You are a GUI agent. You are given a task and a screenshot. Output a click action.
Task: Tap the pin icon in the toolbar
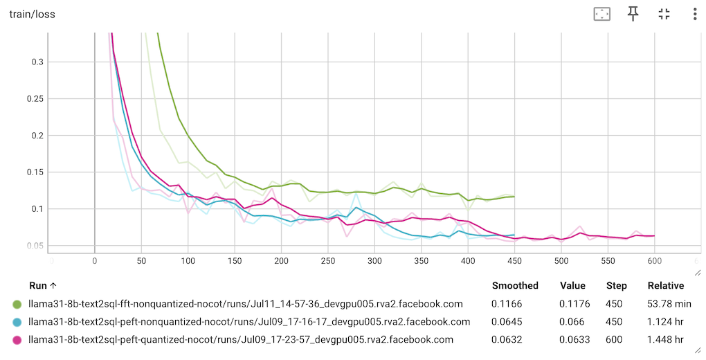(633, 14)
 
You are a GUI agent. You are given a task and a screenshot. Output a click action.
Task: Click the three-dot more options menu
(694, 14)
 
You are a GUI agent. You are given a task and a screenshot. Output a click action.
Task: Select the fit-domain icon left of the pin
(601, 14)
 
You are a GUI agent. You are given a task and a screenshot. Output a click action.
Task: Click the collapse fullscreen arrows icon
(664, 14)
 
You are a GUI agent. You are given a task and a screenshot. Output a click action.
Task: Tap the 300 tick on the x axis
(374, 262)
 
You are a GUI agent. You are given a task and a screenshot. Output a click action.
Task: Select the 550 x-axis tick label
(608, 262)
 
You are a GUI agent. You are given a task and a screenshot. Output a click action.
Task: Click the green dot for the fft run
(17, 304)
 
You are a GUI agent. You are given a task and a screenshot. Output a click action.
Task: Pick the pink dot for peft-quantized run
(17, 340)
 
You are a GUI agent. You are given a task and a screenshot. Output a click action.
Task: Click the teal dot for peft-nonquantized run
(17, 322)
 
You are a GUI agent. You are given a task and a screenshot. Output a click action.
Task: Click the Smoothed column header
(515, 286)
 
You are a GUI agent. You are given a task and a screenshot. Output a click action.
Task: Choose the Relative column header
(665, 286)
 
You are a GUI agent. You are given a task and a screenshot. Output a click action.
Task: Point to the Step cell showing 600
(617, 340)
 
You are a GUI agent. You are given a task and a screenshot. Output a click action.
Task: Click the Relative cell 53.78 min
(669, 304)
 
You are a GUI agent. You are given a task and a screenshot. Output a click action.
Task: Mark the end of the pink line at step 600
(654, 236)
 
